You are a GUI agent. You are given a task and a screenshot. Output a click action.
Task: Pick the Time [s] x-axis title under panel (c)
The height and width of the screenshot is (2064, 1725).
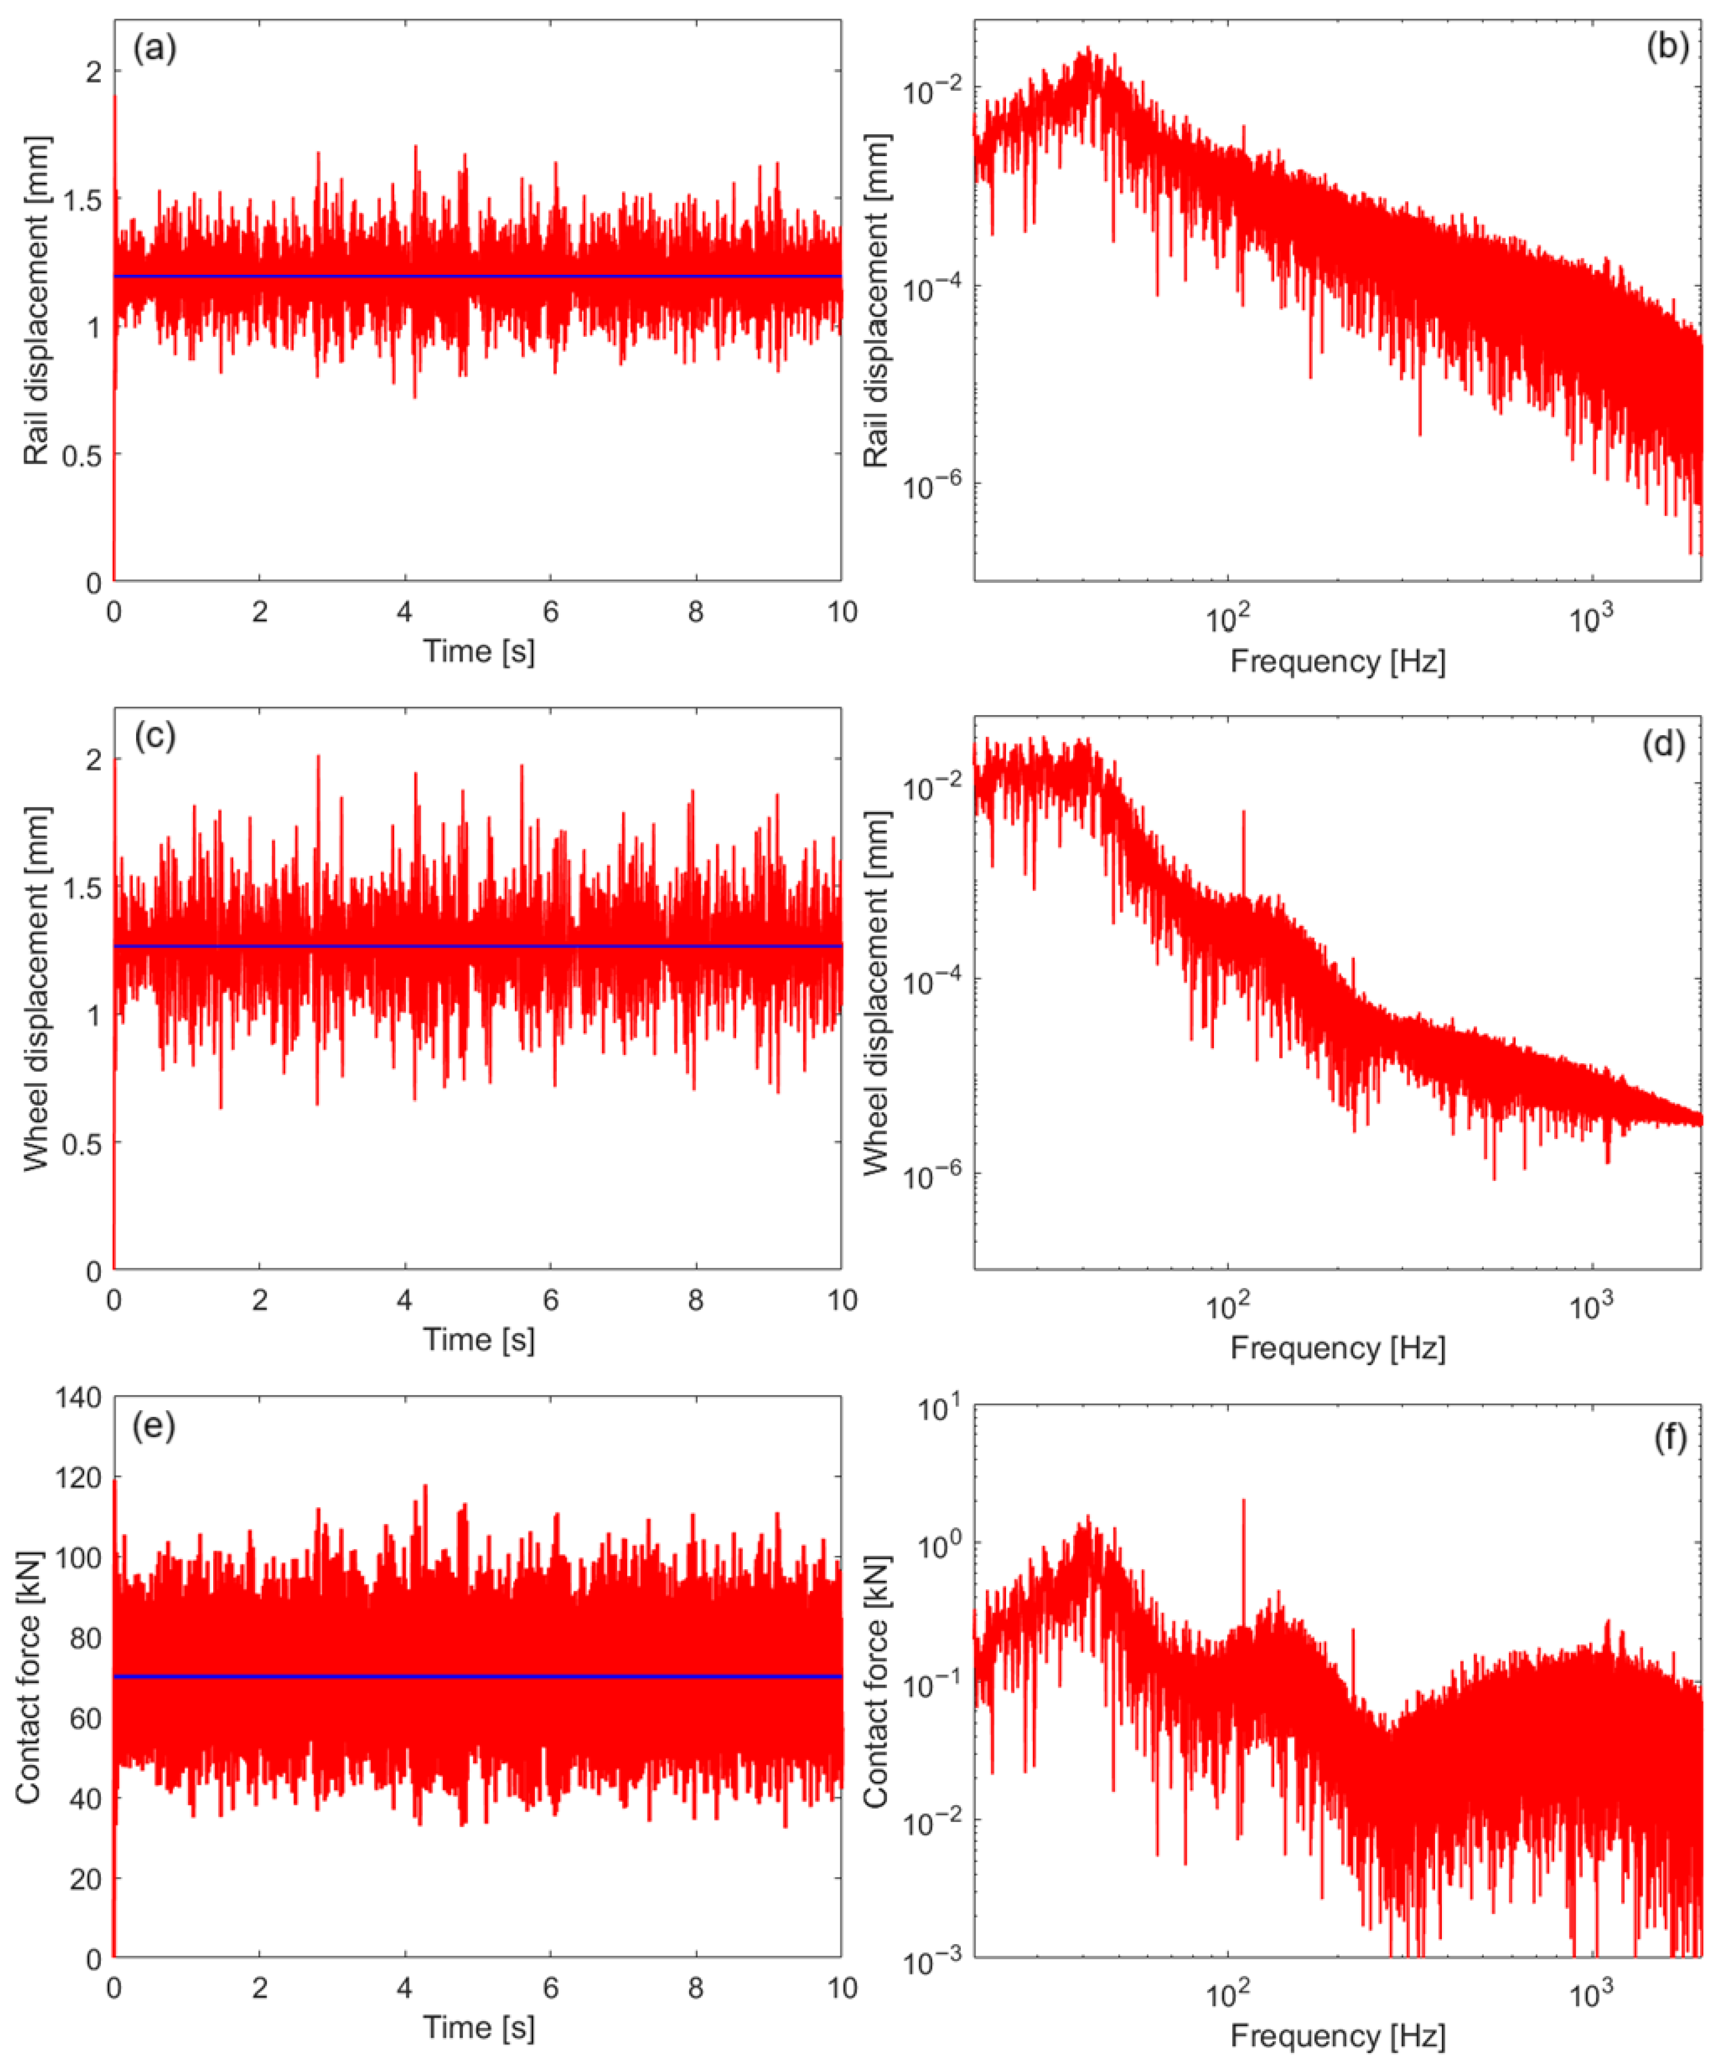point(479,1340)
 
